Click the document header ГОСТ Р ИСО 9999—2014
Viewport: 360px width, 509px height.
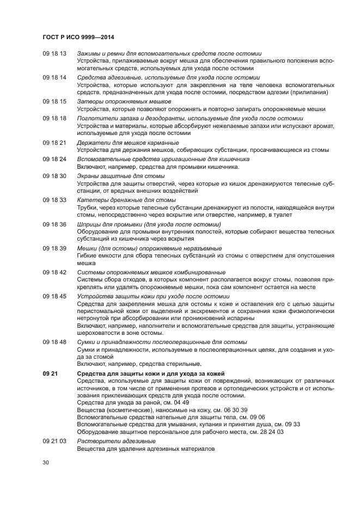pyautogui.click(x=82, y=37)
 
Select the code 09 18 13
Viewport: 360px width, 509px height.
pyautogui.click(x=54, y=53)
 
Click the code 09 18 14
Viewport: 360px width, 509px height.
pyautogui.click(x=54, y=78)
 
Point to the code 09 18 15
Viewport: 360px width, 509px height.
pyautogui.click(x=54, y=102)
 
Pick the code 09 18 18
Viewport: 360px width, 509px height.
pyautogui.click(x=54, y=118)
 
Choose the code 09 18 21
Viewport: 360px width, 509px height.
pyautogui.click(x=54, y=143)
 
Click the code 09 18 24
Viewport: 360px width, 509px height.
pyautogui.click(x=54, y=159)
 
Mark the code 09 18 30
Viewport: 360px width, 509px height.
pyautogui.click(x=54, y=176)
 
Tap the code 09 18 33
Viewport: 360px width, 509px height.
pyautogui.click(x=54, y=200)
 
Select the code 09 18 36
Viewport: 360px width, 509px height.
pyautogui.click(x=54, y=224)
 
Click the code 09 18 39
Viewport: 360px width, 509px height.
pyautogui.click(x=54, y=248)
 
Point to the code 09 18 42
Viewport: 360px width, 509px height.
pyautogui.click(x=54, y=272)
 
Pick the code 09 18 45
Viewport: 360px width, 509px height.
pyautogui.click(x=54, y=296)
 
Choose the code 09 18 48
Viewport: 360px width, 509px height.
pyautogui.click(x=54, y=342)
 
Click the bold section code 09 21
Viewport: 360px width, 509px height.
pyautogui.click(x=50, y=373)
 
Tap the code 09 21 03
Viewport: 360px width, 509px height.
pyautogui.click(x=54, y=441)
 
